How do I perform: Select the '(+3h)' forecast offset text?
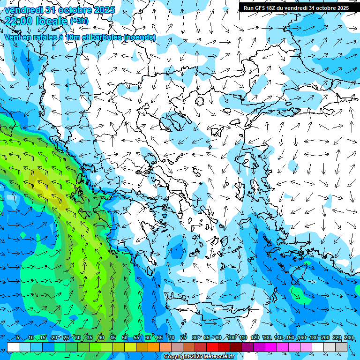tap(79, 21)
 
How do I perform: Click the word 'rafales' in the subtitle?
tap(48, 37)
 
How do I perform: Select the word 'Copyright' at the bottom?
tap(176, 357)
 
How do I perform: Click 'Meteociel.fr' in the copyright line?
tap(218, 357)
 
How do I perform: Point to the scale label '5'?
tap(17, 338)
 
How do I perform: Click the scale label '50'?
tap(124, 338)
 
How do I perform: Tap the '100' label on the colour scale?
tap(232, 338)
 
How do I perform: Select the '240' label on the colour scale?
tap(348, 338)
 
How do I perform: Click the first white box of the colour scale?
tap(13, 347)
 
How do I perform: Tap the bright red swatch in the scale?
tap(212, 347)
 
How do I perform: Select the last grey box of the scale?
tap(341, 347)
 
